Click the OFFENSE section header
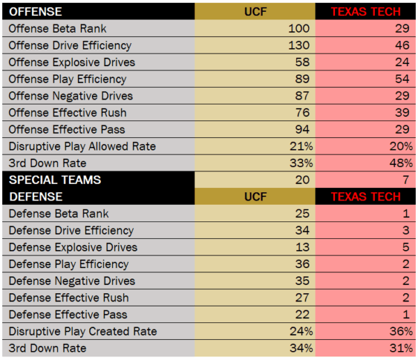[36, 12]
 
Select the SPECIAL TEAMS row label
[55, 180]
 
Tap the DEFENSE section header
[36, 196]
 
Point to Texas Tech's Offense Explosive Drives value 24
[403, 62]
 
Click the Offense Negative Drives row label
[70, 95]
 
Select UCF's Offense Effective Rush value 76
[302, 113]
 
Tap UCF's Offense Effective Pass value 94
[302, 130]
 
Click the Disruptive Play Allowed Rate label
[82, 146]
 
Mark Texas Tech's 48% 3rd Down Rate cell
[399, 163]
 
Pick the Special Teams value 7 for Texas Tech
[406, 180]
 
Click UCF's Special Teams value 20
[302, 180]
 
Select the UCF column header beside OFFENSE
[254, 12]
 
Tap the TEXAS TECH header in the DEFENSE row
[366, 196]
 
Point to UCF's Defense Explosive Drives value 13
[302, 247]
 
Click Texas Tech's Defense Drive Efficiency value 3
[406, 230]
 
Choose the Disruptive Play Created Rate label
[83, 331]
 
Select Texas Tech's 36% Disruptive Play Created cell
[399, 331]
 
